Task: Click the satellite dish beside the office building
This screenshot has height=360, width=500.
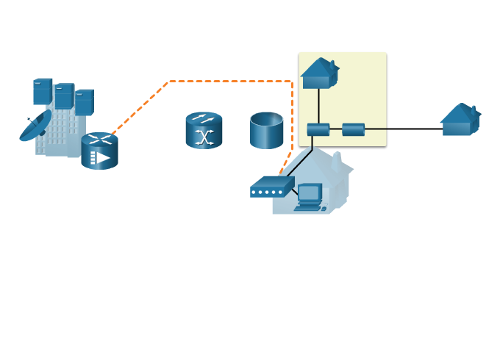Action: click(x=35, y=127)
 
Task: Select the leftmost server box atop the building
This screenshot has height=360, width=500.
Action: click(x=42, y=92)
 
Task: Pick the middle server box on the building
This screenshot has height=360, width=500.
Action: click(x=64, y=96)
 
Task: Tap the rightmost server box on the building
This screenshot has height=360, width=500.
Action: click(x=84, y=102)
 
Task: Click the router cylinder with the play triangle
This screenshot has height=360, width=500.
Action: click(x=99, y=151)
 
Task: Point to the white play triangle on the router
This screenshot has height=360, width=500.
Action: click(x=104, y=158)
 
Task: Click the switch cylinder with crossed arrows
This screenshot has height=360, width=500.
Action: click(x=204, y=131)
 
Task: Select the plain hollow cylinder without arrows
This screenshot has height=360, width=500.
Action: click(x=266, y=131)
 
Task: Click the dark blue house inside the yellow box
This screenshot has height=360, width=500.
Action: click(x=319, y=73)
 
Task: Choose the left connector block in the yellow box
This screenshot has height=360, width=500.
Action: click(x=318, y=130)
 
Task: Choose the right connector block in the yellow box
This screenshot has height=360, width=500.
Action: click(x=353, y=130)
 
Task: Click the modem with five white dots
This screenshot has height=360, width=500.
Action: click(x=272, y=187)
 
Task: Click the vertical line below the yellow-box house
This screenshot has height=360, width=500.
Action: click(x=318, y=106)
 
